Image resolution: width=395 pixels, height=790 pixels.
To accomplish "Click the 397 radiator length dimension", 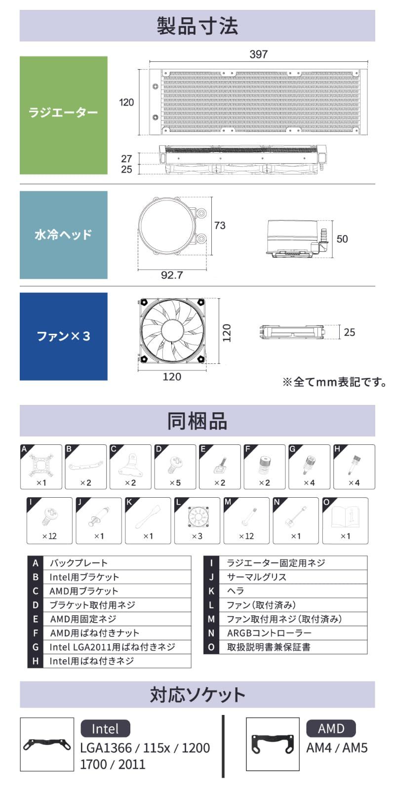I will (x=258, y=54).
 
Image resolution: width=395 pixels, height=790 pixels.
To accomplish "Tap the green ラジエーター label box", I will (x=63, y=115).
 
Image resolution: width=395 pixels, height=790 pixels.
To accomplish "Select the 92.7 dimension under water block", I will (x=171, y=275).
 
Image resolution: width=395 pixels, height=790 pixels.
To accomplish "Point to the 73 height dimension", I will (x=220, y=225).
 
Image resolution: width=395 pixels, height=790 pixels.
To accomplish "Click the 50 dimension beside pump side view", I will (x=342, y=239).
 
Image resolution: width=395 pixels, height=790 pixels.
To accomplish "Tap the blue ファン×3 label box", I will (x=63, y=336).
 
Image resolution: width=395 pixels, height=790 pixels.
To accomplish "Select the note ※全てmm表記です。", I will (x=334, y=382).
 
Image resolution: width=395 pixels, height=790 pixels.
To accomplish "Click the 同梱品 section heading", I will (x=197, y=421).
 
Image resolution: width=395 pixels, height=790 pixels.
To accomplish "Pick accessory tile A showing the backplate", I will (x=41, y=467).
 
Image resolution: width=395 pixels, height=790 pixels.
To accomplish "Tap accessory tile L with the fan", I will (x=197, y=520).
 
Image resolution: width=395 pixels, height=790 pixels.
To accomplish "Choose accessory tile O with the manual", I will (x=345, y=520).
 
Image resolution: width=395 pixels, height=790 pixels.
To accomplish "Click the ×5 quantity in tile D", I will (x=175, y=483).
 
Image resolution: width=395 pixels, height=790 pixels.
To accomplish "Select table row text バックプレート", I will (x=79, y=563).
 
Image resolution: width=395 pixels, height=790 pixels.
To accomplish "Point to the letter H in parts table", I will (x=35, y=661).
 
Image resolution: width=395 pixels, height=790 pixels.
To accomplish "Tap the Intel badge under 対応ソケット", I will (x=105, y=729).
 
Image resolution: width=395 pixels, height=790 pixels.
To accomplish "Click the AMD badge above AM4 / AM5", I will (x=331, y=728).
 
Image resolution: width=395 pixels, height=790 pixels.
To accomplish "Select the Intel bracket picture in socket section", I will (x=47, y=744).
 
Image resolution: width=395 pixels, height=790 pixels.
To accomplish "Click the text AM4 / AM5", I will (x=337, y=748).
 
